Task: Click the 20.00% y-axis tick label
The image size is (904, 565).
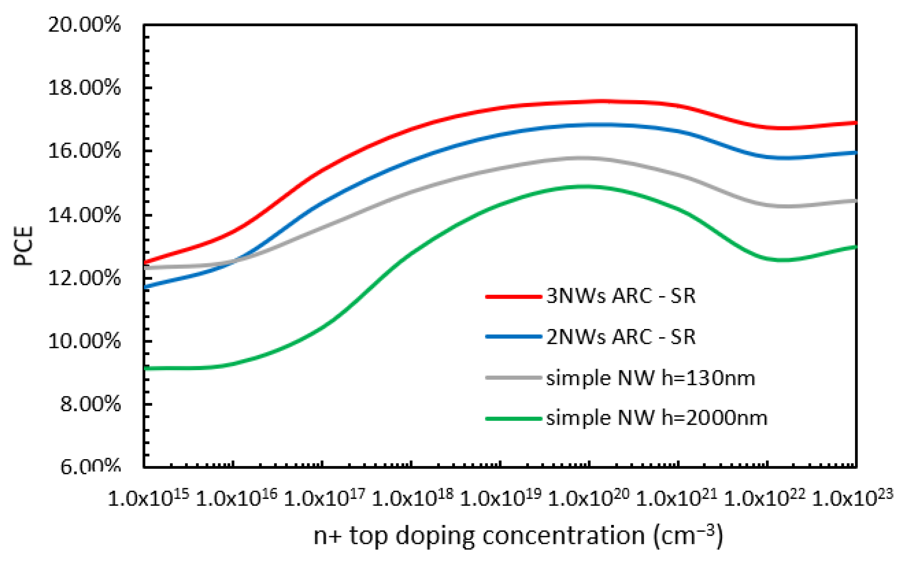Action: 84,25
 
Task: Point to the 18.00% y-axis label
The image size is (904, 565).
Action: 84,88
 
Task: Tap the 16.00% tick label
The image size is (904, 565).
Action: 84,151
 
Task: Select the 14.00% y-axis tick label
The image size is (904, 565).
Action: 84,215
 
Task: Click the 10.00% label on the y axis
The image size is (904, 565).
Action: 84,341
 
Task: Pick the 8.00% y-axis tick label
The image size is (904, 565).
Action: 90,404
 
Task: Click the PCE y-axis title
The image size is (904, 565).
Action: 23,246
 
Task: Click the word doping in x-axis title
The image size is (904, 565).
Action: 435,537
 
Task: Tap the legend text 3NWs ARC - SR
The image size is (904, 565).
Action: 620,296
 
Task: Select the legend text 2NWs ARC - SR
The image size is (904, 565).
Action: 620,337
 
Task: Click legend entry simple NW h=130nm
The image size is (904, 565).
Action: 650,378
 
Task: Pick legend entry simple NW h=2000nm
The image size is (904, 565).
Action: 656,418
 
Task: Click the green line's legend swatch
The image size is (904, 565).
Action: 513,418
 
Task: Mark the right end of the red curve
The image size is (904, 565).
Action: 855,123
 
